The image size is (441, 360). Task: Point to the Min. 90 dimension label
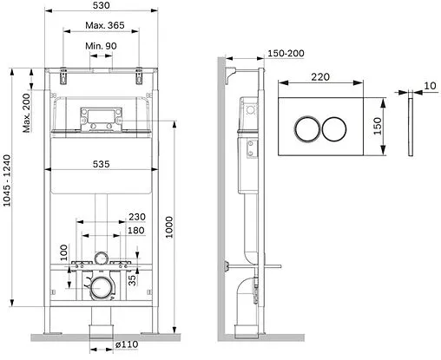point(102,44)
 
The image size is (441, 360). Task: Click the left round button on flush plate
point(306,130)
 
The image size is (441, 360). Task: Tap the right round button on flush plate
point(337,130)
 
